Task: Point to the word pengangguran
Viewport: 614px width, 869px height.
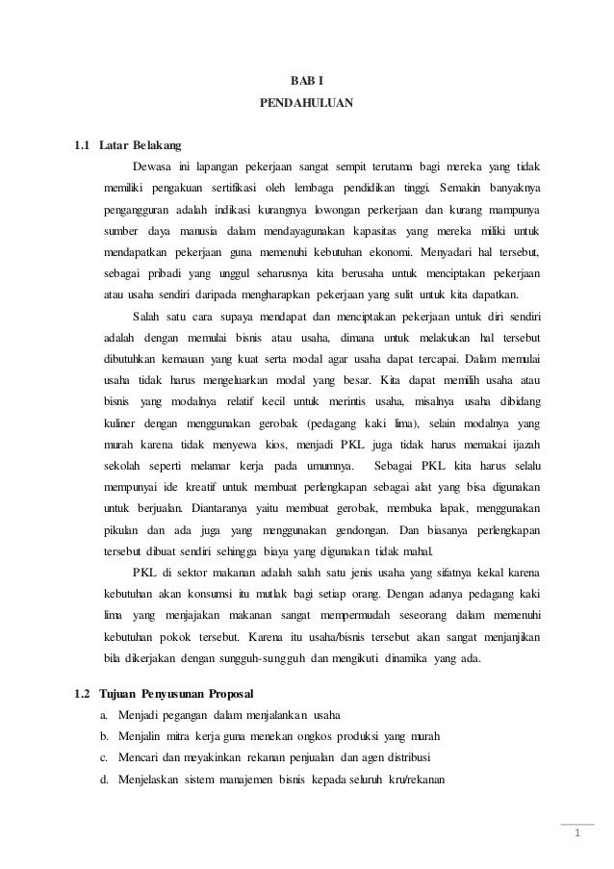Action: (139, 210)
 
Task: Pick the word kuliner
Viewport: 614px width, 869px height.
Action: (122, 423)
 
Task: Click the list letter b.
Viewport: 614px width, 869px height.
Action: (103, 736)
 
